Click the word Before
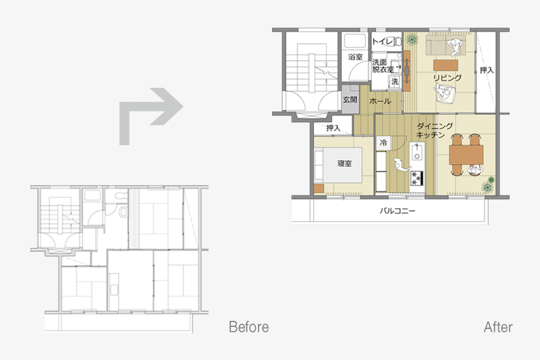pos(248,327)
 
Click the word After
pos(498,327)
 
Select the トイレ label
pos(382,42)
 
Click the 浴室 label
pos(356,57)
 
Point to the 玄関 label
pos(350,100)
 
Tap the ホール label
pos(380,101)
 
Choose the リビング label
pos(448,78)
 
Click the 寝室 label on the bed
pos(344,163)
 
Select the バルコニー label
pos(398,211)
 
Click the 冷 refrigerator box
pos(383,143)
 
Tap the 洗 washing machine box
pos(395,82)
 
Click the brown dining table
pos(466,155)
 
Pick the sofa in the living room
pos(445,45)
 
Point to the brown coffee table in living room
pos(446,65)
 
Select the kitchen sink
pos(416,151)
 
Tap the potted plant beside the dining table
pos(489,184)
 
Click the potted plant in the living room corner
pos(412,40)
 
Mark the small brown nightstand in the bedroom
pos(319,189)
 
